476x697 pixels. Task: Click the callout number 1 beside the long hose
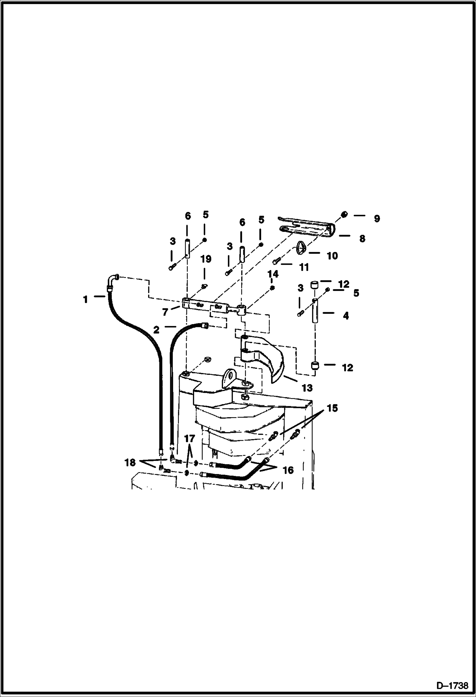(x=85, y=299)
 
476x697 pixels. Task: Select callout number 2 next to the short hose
(x=156, y=330)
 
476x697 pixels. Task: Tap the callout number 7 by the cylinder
(x=165, y=312)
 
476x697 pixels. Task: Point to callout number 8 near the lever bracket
(x=362, y=239)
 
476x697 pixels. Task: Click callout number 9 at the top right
(x=377, y=219)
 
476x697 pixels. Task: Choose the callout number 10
(x=332, y=255)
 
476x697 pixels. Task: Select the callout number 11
(x=304, y=267)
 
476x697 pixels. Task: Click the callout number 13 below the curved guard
(x=307, y=388)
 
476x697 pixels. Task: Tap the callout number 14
(x=273, y=274)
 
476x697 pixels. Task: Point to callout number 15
(x=332, y=408)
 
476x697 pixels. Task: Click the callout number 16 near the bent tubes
(x=288, y=470)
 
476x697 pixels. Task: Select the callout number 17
(x=189, y=439)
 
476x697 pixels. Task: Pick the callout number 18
(x=130, y=463)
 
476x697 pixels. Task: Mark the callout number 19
(x=206, y=259)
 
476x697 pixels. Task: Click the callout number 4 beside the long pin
(x=346, y=315)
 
